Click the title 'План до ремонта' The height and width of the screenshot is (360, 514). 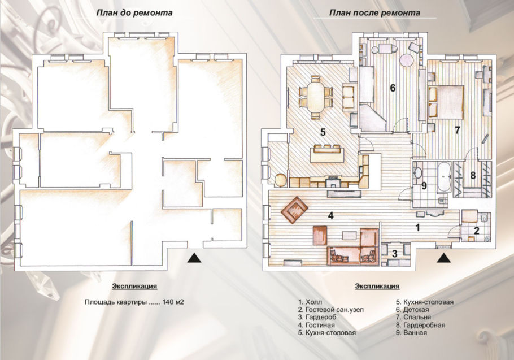[x=134, y=13]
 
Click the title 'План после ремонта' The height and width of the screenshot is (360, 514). [x=374, y=13]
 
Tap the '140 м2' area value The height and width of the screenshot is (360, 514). [x=173, y=302]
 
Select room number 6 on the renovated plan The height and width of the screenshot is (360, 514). [x=393, y=88]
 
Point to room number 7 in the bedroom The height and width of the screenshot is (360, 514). [x=458, y=130]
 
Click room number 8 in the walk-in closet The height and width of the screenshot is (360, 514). [x=473, y=175]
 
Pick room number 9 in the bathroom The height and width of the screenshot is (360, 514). [x=424, y=186]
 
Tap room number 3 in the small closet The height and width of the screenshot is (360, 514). [x=395, y=253]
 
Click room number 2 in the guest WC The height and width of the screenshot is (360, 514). [x=477, y=231]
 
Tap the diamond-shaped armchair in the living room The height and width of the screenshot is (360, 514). [x=294, y=210]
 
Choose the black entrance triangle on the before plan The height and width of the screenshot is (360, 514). [x=194, y=258]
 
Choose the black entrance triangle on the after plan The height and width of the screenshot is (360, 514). [x=443, y=258]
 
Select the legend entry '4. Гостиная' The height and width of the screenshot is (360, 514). [x=316, y=326]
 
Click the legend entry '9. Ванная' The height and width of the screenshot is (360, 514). [x=411, y=333]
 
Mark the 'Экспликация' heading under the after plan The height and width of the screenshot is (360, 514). [x=377, y=286]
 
